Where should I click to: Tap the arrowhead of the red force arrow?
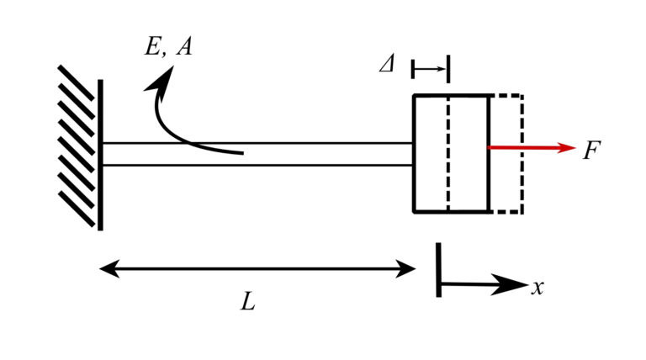pyautogui.click(x=564, y=147)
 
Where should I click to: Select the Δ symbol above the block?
pyautogui.click(x=386, y=66)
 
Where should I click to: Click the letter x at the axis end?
pyautogui.click(x=538, y=287)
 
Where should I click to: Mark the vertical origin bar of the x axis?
pyautogui.click(x=438, y=270)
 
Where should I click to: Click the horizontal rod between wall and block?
pyautogui.click(x=294, y=154)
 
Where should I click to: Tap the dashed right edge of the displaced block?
pyautogui.click(x=522, y=154)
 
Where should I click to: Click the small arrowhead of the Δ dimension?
pyautogui.click(x=443, y=67)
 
